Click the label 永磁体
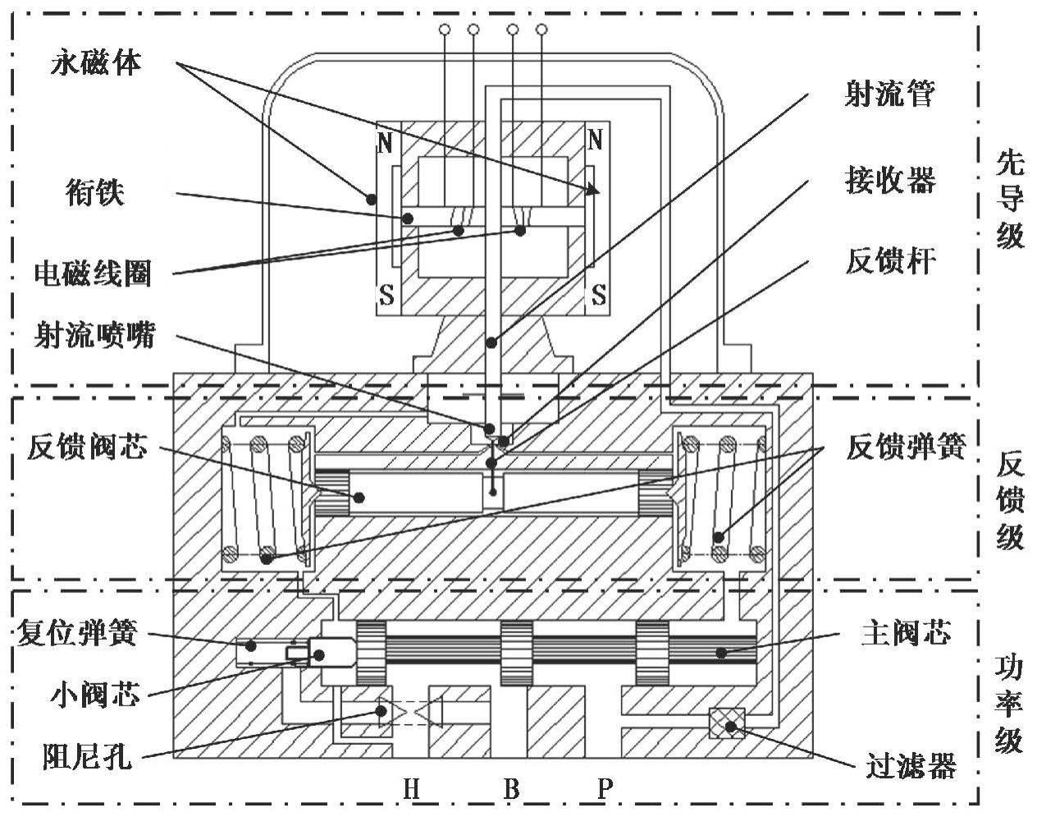coord(96,63)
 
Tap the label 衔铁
coord(95,192)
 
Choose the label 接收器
coord(890,179)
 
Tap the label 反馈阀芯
coord(87,447)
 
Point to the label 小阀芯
coord(91,696)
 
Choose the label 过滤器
coord(911,767)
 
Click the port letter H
coord(412,790)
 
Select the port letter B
coord(511,790)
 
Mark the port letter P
coord(605,790)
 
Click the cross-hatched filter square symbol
coord(727,723)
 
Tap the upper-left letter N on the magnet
coord(385,144)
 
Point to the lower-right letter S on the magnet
coord(600,294)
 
